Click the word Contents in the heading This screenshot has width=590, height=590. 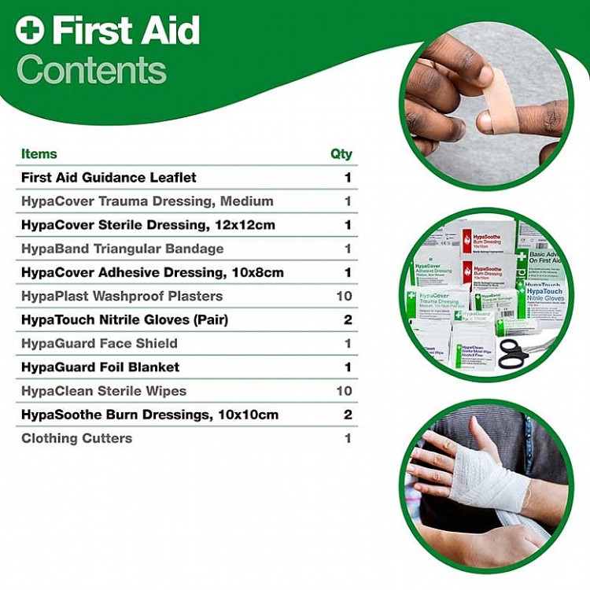pos(91,70)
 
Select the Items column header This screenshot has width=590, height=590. pos(39,153)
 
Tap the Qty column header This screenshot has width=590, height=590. pos(341,153)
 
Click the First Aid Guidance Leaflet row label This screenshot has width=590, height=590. pos(109,177)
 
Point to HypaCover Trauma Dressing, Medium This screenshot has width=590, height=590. pos(147,201)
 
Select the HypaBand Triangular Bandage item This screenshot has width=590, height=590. pos(122,249)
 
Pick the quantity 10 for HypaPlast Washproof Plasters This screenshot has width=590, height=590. pos(343,296)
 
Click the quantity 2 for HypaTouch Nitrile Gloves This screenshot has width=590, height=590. pos(347,319)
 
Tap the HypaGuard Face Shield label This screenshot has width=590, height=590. pos(99,343)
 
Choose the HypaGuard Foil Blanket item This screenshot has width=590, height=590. pos(100,367)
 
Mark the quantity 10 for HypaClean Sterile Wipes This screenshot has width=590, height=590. pos(343,391)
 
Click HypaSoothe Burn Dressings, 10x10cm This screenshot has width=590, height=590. pos(149,415)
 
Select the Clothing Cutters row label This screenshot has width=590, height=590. pos(76,438)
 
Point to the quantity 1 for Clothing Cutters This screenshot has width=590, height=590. pos(347,438)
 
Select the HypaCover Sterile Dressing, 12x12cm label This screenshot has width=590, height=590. pos(148,224)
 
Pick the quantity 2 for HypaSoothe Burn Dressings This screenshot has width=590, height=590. pos(347,415)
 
